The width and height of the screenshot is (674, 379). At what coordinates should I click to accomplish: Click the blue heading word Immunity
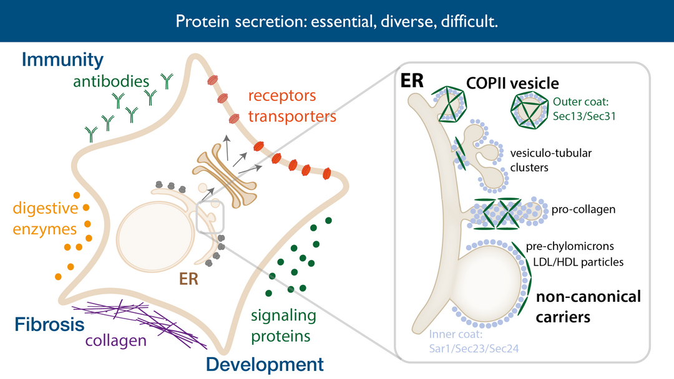coord(62,60)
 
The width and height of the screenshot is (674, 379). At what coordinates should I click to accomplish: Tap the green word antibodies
coord(111,81)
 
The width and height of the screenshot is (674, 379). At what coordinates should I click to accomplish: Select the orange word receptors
coord(282,96)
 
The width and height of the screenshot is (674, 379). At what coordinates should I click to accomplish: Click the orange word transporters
coord(292,116)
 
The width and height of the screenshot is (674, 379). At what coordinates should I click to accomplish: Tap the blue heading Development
coord(265,365)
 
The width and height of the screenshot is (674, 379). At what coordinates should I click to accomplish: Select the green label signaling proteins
coord(281,325)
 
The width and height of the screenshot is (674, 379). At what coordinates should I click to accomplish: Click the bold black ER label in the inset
coord(413,81)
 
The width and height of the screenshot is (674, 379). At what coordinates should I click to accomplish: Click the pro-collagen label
coord(584,209)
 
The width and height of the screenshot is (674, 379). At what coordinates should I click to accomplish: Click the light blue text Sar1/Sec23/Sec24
coord(474,348)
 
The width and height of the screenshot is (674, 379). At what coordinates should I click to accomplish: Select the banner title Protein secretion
coord(336,22)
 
